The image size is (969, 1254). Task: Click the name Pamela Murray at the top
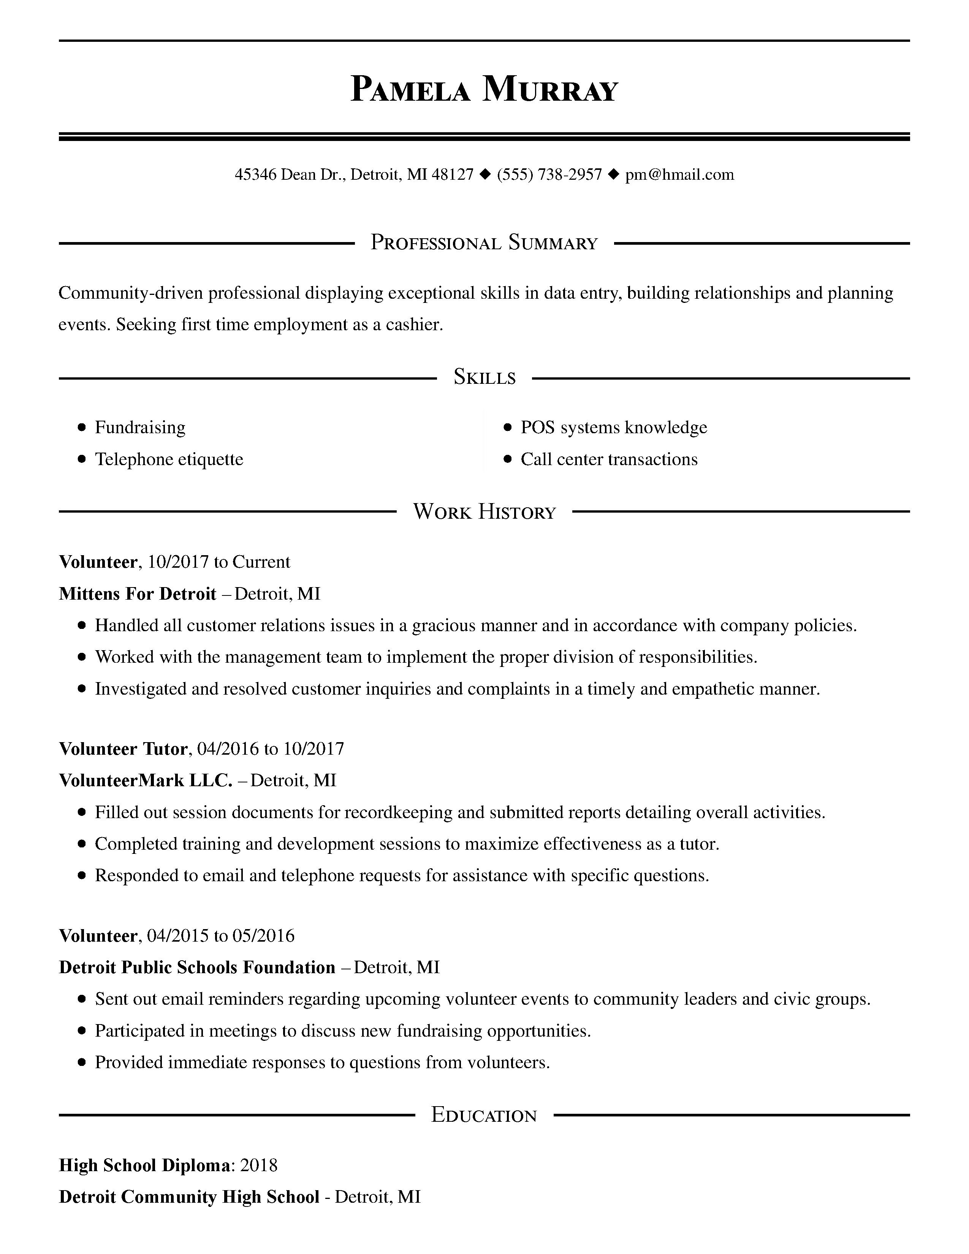[484, 90]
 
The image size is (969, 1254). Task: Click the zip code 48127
[452, 174]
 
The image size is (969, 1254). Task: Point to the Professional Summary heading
[484, 243]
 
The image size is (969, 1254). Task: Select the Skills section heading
[484, 377]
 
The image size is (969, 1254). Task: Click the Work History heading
[484, 511]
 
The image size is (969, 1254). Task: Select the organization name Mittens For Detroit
[138, 593]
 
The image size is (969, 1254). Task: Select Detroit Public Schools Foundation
[197, 967]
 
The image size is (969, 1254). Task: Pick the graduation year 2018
[258, 1165]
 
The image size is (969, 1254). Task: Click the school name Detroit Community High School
[189, 1197]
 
